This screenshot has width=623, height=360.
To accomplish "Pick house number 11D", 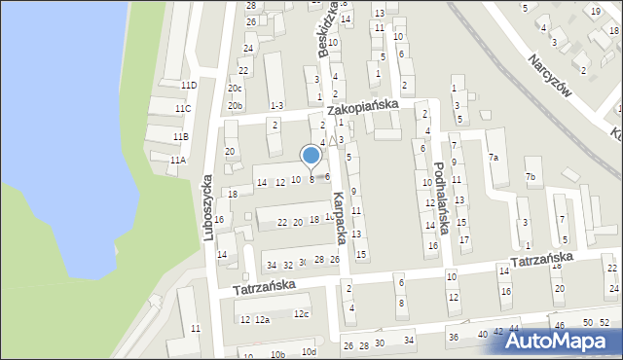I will [186, 86].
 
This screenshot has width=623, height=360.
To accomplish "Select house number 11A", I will [177, 160].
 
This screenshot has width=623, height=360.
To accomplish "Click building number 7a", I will [494, 158].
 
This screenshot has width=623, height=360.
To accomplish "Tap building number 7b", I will [531, 177].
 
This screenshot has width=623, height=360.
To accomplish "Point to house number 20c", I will [235, 89].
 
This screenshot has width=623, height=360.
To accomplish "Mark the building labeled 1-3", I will [276, 105].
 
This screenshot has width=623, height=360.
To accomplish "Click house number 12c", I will [302, 313].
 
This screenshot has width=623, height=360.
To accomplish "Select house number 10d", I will [309, 351].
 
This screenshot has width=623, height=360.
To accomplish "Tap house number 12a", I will [263, 320].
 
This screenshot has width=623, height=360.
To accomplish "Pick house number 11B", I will [181, 136].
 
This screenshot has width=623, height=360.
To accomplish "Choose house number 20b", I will [235, 105].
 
